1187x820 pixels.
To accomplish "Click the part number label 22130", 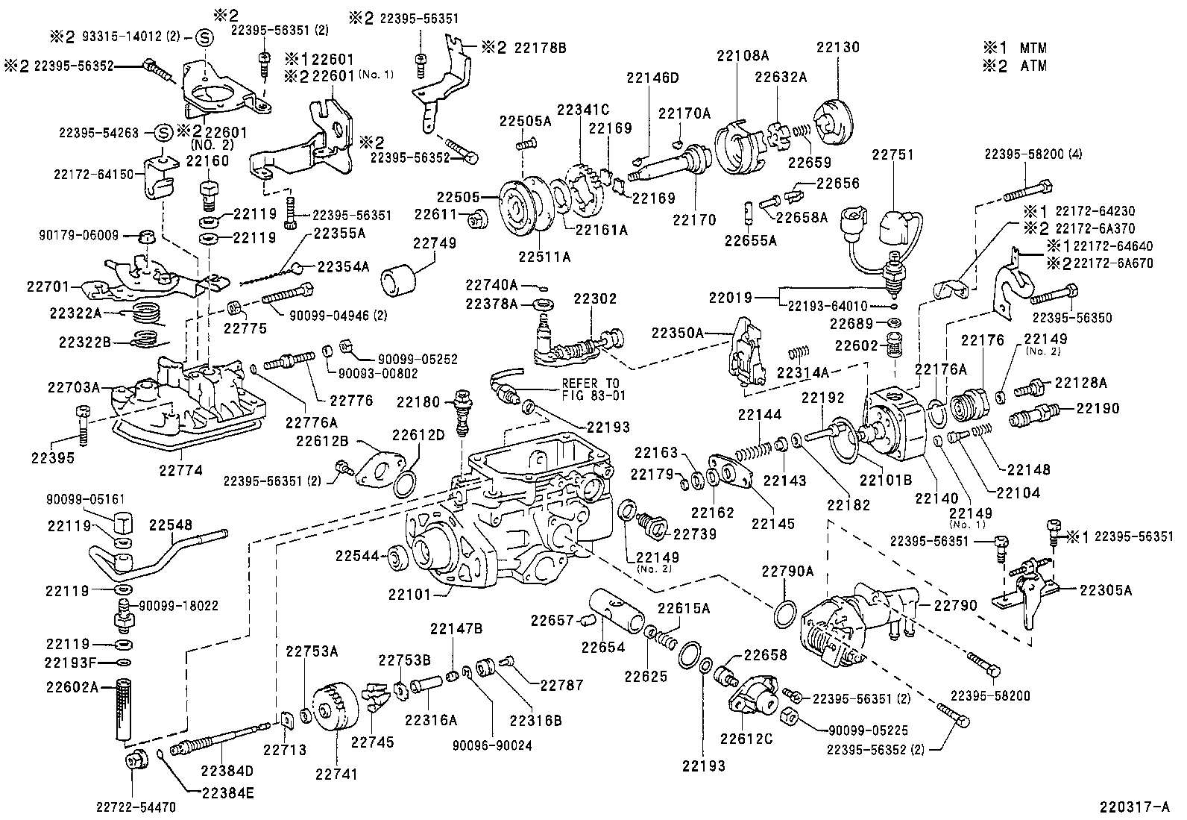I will pos(837,47).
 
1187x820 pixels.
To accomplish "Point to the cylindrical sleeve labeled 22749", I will pos(399,283).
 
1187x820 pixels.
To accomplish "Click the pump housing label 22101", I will pos(410,594).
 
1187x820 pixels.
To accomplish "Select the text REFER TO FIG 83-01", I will pos(594,389).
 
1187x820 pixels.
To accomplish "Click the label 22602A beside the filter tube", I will pos(71,686).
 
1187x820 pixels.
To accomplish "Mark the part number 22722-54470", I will pos(136,806).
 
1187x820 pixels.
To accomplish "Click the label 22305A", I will pos(1106,590).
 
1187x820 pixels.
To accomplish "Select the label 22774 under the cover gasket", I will pos(180,470).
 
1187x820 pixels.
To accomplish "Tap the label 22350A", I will pos(678,332).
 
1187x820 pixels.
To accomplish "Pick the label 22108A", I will pos(742,55).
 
